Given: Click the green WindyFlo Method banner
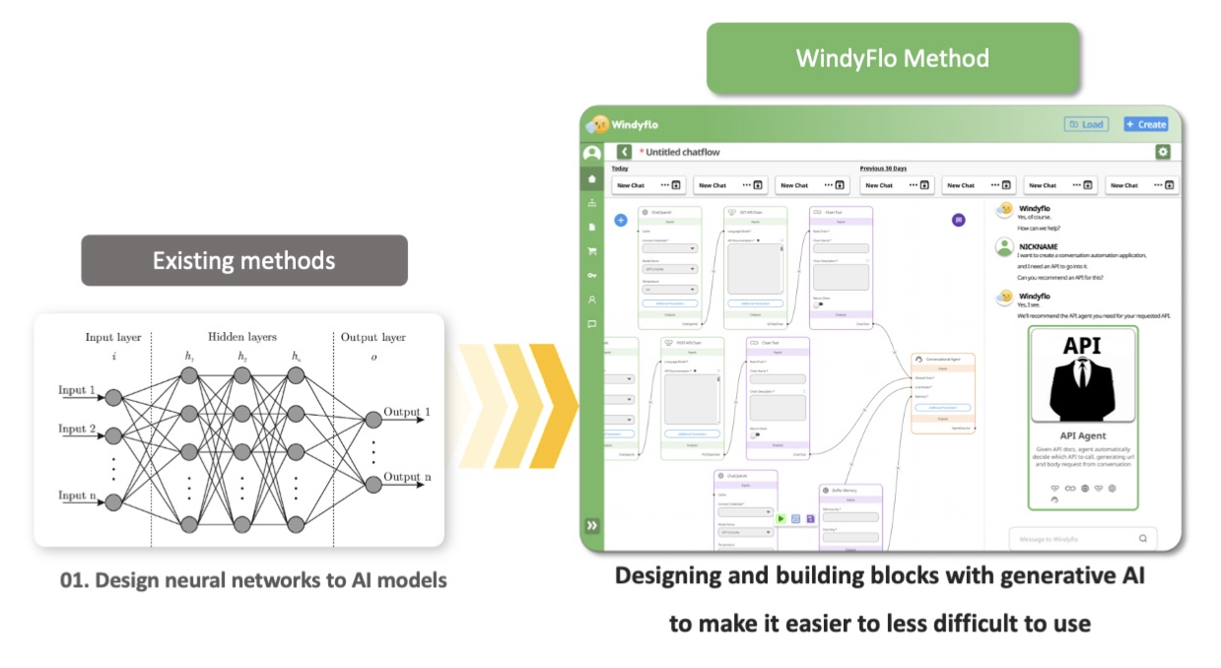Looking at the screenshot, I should click(x=892, y=58).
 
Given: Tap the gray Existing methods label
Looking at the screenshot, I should click(x=244, y=260).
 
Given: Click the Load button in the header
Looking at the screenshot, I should click(x=1086, y=124).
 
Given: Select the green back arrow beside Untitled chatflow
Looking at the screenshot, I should click(x=624, y=152).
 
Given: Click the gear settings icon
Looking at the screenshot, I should click(x=1163, y=152).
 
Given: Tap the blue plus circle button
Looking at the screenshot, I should click(x=621, y=220).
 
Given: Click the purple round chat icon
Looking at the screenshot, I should click(x=958, y=220).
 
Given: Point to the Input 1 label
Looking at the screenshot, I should click(x=76, y=390).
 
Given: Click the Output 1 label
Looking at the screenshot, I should click(x=407, y=412).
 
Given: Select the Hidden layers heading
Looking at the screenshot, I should click(x=242, y=337).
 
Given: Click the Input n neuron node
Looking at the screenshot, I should click(x=113, y=502).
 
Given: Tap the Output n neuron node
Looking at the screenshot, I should click(x=373, y=485).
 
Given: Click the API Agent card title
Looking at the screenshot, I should click(x=1083, y=436).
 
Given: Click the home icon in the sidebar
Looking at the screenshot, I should click(x=592, y=179).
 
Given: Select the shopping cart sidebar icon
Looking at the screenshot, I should click(x=592, y=251).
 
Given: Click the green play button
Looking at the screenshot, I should click(x=781, y=519).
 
